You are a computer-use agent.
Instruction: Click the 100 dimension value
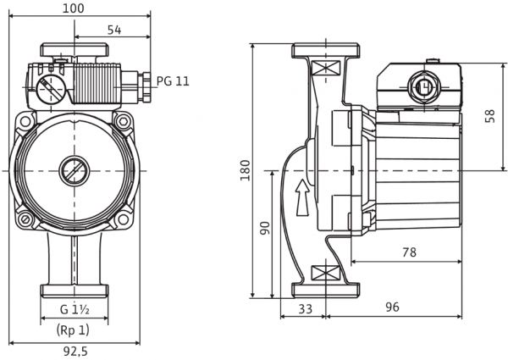point(73,8)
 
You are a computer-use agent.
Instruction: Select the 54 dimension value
point(114,30)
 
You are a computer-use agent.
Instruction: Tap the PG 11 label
point(173,81)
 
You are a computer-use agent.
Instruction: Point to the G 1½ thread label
point(75,310)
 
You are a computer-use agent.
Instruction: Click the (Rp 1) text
point(73,330)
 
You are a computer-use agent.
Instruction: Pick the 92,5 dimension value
point(75,352)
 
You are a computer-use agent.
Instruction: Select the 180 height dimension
point(246,170)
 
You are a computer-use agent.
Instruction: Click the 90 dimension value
point(265,229)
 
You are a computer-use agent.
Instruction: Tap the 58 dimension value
point(490,116)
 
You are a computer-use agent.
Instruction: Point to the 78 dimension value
point(409,252)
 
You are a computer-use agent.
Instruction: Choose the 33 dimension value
point(305,309)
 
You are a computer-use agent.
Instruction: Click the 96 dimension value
point(392,307)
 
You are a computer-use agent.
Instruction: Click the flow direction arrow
point(303,197)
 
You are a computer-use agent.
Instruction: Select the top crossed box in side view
point(325,69)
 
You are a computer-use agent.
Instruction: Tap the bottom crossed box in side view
point(325,273)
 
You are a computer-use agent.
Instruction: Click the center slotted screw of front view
point(75,170)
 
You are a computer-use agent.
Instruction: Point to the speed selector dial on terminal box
point(51,90)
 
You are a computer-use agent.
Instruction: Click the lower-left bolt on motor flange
point(25,219)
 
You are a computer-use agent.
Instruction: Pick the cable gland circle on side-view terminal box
point(423,87)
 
